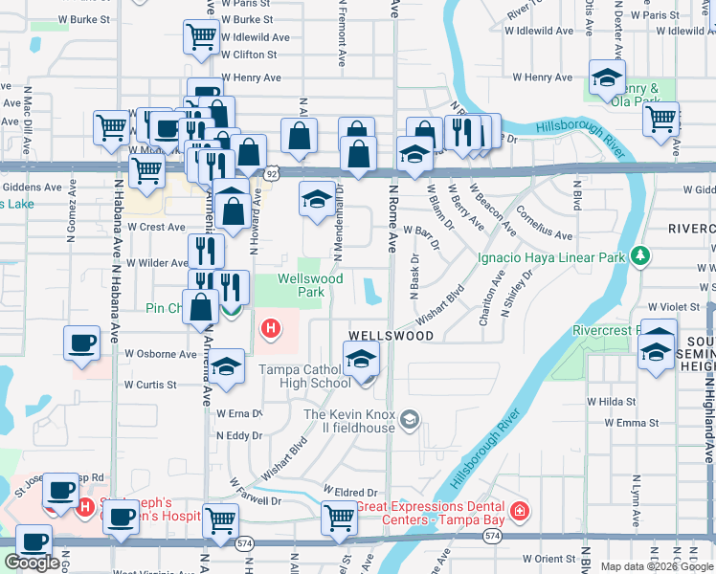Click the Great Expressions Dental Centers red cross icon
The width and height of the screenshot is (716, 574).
click(519, 510)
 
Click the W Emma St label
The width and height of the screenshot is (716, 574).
click(623, 423)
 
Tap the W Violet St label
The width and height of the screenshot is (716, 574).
click(675, 307)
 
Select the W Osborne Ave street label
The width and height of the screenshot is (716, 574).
click(160, 353)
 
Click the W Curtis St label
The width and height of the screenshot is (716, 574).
click(150, 385)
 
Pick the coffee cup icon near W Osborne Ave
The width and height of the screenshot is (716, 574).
click(82, 342)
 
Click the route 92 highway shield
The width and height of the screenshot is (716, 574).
click(273, 173)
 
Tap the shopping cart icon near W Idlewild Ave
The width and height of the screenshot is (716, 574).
click(202, 37)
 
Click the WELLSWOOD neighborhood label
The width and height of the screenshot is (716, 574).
click(391, 336)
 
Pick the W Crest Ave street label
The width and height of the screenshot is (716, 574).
click(156, 228)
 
